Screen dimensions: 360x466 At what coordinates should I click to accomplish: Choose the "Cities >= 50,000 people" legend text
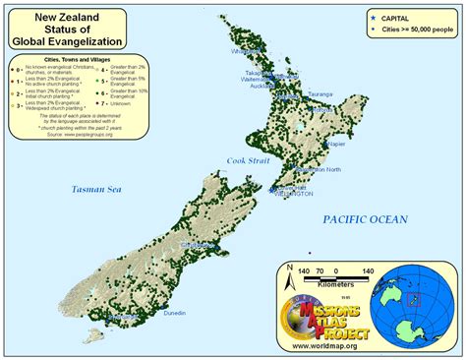click(x=417, y=29)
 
